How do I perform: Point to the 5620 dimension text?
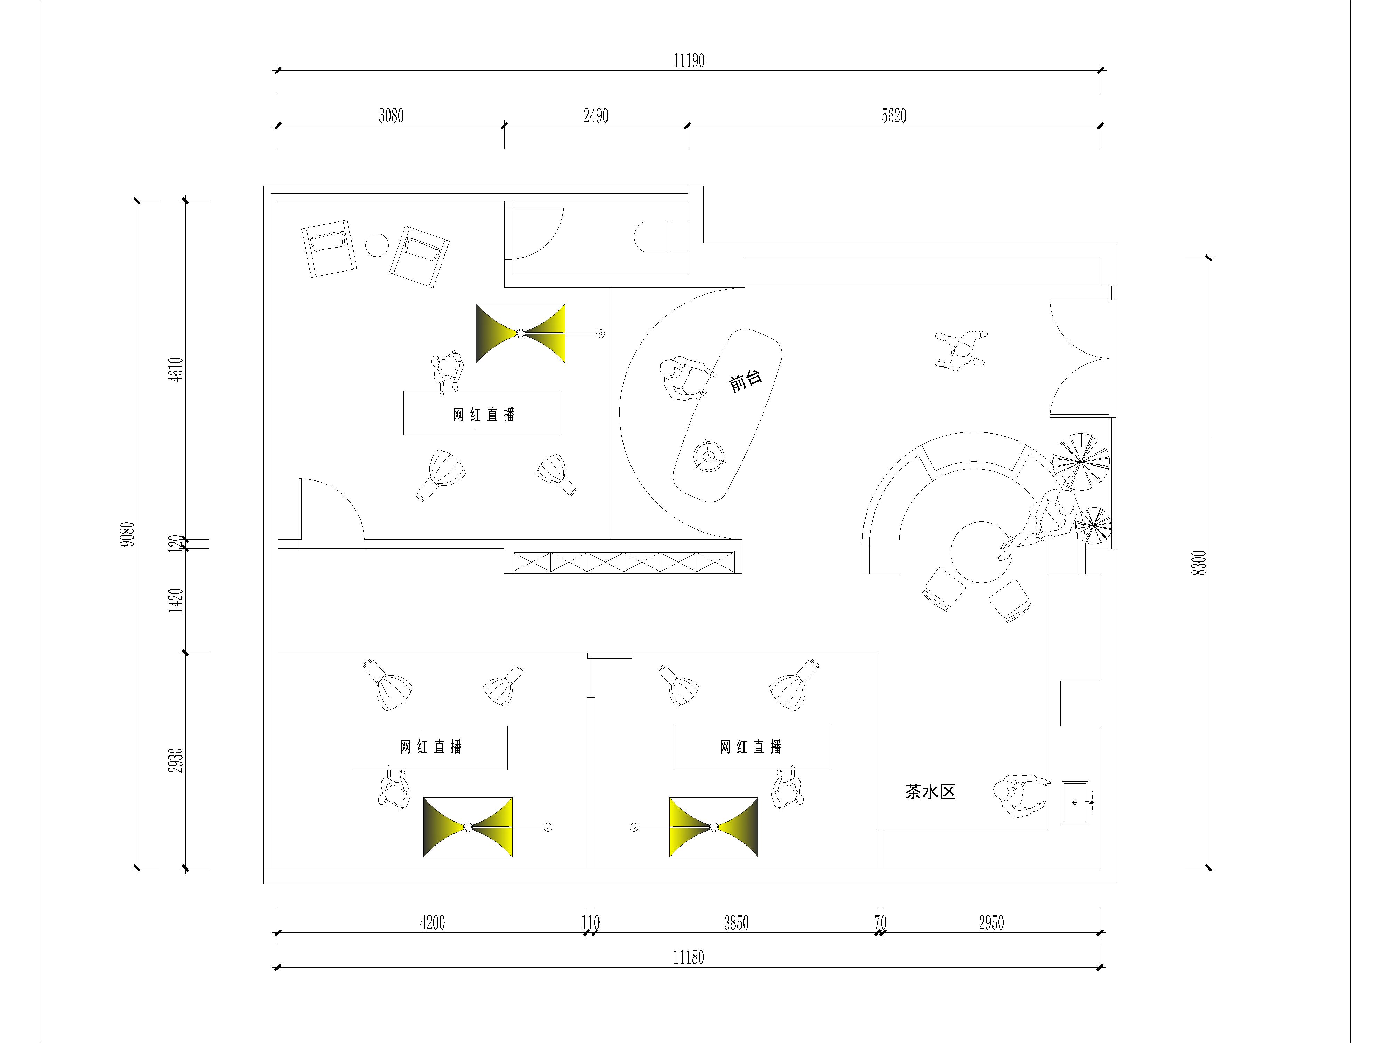coord(894,116)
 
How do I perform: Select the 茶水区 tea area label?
coord(930,792)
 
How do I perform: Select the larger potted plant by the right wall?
coord(1081,461)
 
